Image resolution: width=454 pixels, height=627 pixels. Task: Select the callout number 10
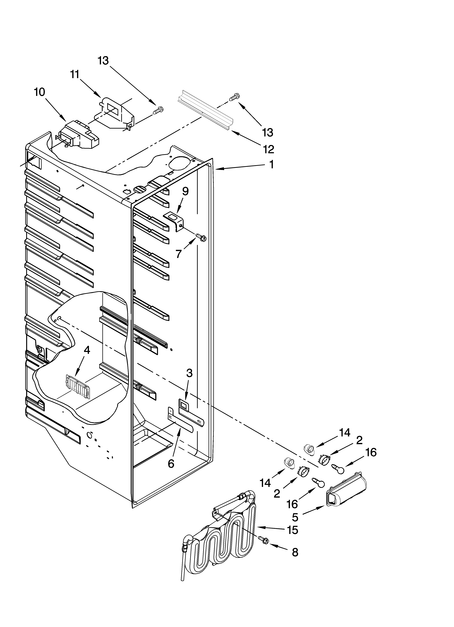40,92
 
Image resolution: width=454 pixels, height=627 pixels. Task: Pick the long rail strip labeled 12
205,111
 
